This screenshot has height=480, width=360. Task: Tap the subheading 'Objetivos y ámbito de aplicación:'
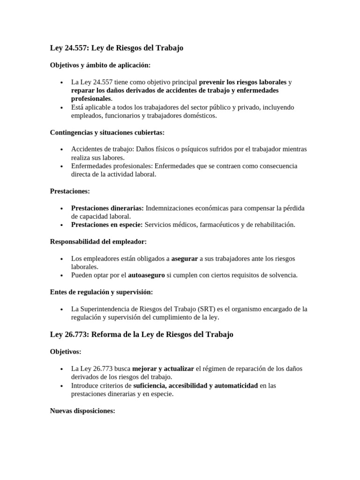(x=100, y=65)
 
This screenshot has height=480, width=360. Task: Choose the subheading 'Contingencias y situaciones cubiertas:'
(x=107, y=132)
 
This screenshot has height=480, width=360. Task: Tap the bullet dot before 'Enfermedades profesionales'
(x=62, y=166)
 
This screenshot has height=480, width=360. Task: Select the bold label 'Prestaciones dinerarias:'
(x=107, y=208)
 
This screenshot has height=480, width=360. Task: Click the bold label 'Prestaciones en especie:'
(x=107, y=225)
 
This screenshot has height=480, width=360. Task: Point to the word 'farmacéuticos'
(x=219, y=225)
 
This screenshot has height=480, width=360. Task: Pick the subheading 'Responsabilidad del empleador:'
(x=98, y=241)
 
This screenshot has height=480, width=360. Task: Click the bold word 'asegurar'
(x=184, y=258)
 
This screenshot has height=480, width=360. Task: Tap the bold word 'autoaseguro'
(x=146, y=275)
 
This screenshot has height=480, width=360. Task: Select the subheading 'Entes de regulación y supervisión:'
(x=101, y=292)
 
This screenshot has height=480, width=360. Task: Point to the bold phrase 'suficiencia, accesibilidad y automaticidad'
(x=195, y=385)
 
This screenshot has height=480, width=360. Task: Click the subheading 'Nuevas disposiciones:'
(x=82, y=411)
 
